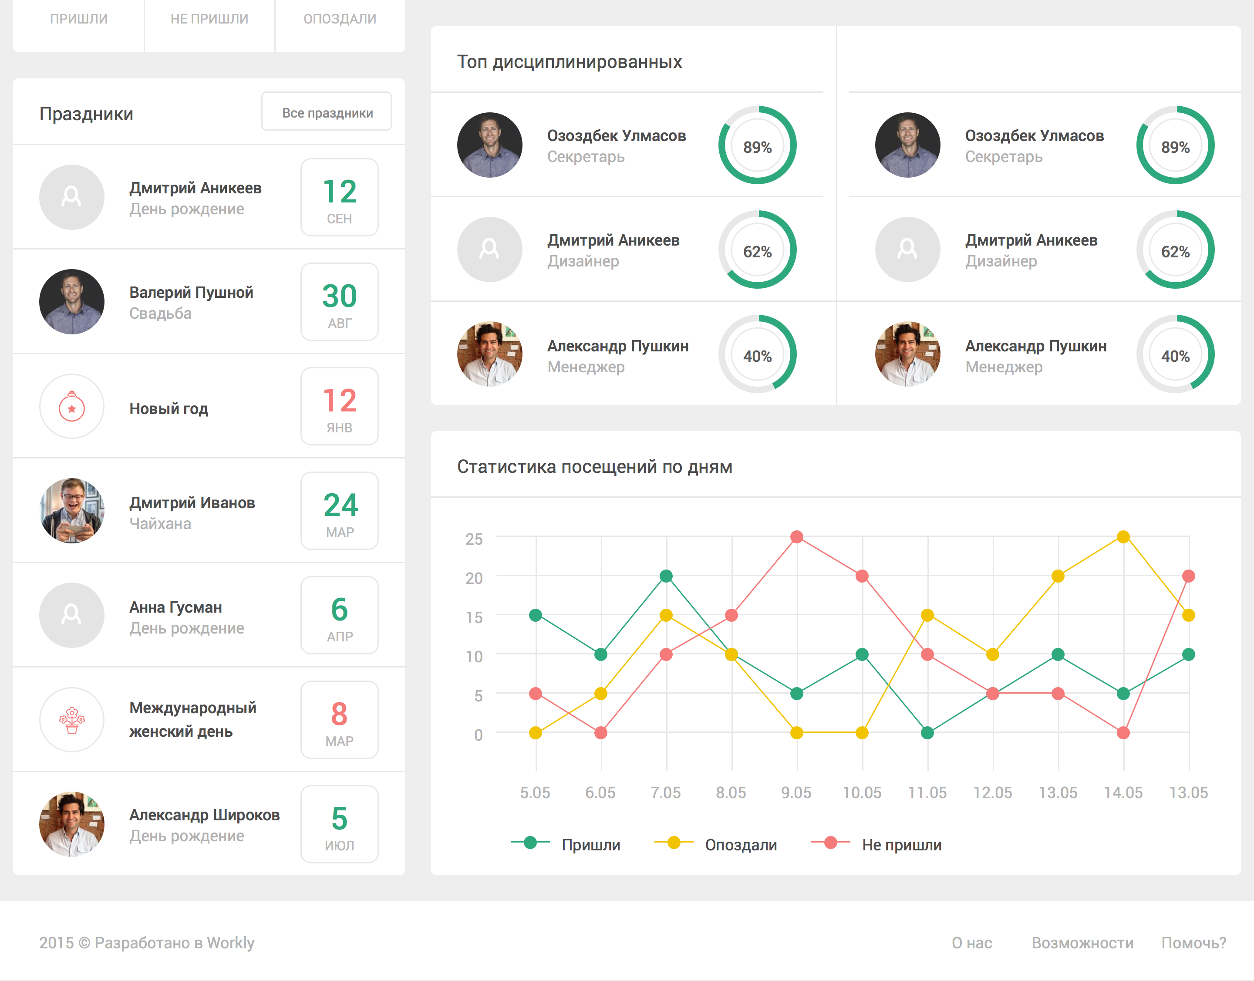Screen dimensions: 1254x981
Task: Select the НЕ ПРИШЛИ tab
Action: pos(209,19)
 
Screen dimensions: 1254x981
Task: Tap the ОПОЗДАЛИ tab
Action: pos(340,19)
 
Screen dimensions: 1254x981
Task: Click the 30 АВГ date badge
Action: pos(340,302)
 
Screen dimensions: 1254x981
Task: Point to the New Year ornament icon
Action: pos(72,406)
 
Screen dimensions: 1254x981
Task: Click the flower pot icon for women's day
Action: pos(72,720)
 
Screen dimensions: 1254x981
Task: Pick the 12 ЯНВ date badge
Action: pos(340,406)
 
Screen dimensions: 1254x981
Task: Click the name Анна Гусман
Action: pos(175,607)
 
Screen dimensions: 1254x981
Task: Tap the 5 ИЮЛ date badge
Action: pos(340,824)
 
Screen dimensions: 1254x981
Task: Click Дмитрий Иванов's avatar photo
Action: pos(72,511)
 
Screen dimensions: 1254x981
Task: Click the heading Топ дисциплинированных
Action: pos(569,61)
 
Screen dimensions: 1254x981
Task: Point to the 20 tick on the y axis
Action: pos(474,578)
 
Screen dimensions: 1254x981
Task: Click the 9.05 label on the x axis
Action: pos(796,792)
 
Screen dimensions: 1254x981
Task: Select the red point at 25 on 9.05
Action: pos(797,537)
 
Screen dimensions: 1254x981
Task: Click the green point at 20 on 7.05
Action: pos(666,576)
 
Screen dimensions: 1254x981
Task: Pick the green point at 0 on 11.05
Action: pos(927,733)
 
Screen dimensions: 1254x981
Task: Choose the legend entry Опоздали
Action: pos(716,844)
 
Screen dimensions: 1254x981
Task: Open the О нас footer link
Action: pos(972,943)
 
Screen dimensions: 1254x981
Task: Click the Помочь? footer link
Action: pos(1193,943)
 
